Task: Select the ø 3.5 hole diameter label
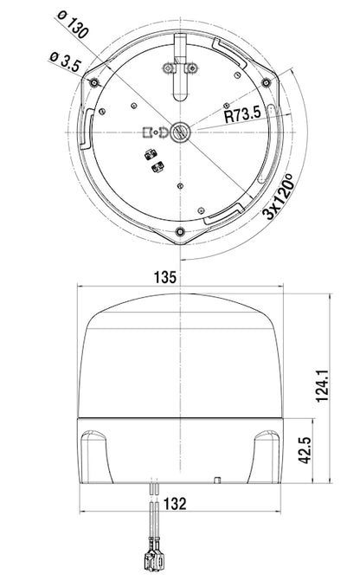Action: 66,63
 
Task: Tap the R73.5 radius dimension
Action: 241,115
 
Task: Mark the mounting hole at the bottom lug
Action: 179,232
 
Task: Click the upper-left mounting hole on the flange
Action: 93,81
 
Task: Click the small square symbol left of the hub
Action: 146,132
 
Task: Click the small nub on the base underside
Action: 222,479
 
